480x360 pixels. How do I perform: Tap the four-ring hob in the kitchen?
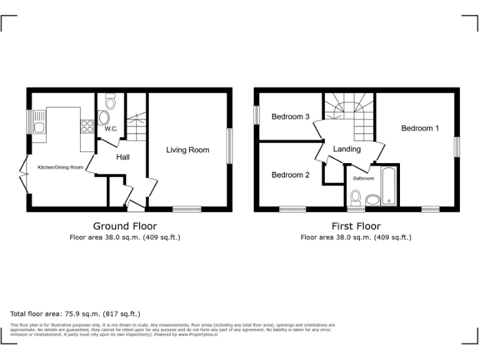click(86, 127)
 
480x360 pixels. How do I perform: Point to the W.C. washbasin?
click(104, 117)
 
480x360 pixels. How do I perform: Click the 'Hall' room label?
click(122, 157)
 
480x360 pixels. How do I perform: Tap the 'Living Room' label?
click(187, 150)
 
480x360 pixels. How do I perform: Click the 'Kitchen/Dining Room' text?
click(61, 167)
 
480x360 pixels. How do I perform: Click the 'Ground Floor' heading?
click(125, 226)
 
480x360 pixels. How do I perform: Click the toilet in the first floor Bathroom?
click(356, 198)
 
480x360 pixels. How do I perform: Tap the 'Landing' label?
click(347, 149)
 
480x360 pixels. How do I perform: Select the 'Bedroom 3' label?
click(291, 117)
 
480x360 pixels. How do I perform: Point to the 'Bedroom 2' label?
click(291, 175)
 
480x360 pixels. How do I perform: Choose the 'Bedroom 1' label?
click(420, 128)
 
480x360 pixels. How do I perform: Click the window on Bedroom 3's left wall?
click(256, 115)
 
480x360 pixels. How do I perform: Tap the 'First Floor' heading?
click(356, 226)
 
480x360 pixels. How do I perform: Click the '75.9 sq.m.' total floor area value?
click(81, 314)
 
